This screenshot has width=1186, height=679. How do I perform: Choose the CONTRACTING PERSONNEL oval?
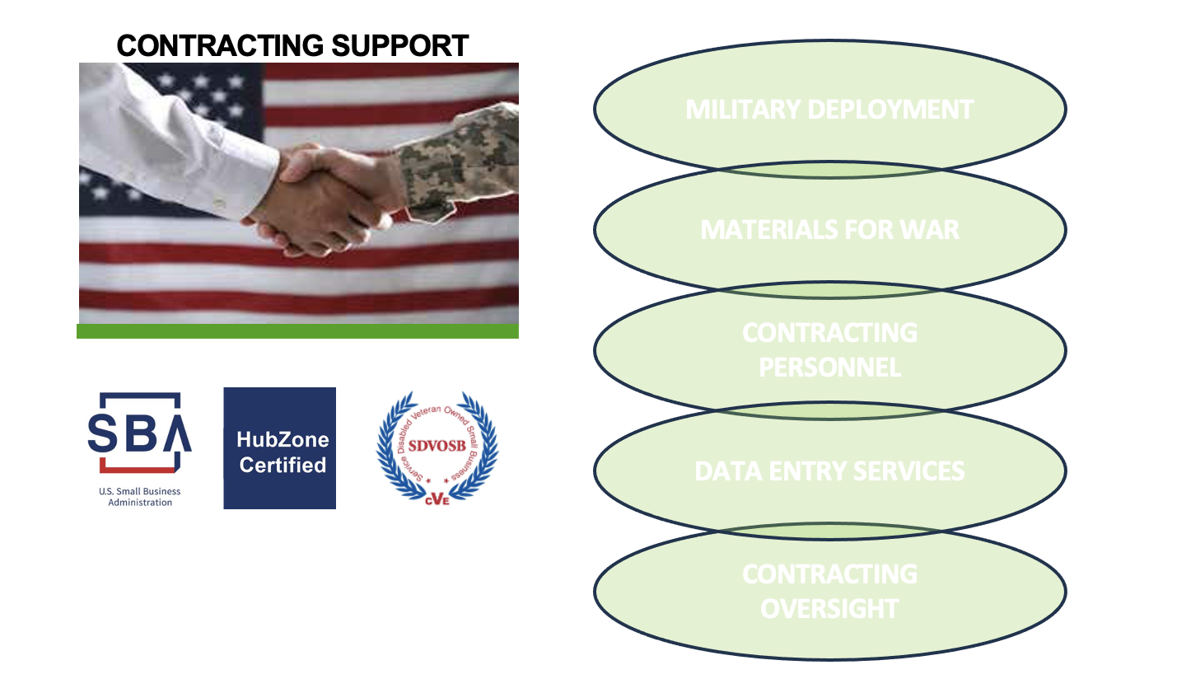click(829, 349)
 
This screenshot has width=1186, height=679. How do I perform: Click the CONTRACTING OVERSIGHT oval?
click(829, 591)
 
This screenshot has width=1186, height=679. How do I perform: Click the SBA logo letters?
click(139, 432)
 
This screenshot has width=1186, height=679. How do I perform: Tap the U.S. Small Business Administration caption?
click(140, 497)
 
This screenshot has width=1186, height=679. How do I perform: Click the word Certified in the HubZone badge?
click(282, 465)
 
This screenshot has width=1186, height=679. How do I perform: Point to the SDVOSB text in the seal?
click(437, 446)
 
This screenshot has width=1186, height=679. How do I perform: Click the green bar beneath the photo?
click(297, 331)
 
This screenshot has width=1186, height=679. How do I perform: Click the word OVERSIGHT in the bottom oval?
click(829, 608)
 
